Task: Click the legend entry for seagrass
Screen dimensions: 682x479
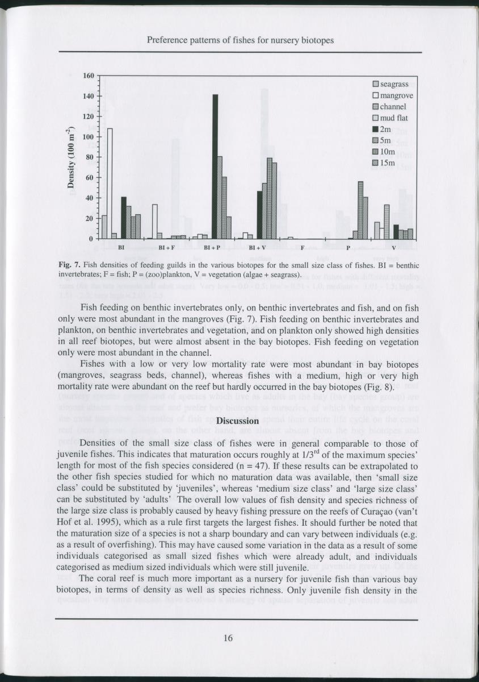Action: pos(390,84)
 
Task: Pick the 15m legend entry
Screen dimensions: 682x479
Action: pos(386,164)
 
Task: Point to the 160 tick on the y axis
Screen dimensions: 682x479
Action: pos(89,76)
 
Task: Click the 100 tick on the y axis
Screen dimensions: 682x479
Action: pos(89,137)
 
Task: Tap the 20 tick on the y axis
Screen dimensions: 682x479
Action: pos(91,219)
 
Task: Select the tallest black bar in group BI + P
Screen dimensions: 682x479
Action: pos(215,167)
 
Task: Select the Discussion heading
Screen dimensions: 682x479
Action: pos(238,421)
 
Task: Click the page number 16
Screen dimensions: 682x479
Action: pos(228,638)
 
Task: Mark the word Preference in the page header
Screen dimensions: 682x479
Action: pos(167,40)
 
